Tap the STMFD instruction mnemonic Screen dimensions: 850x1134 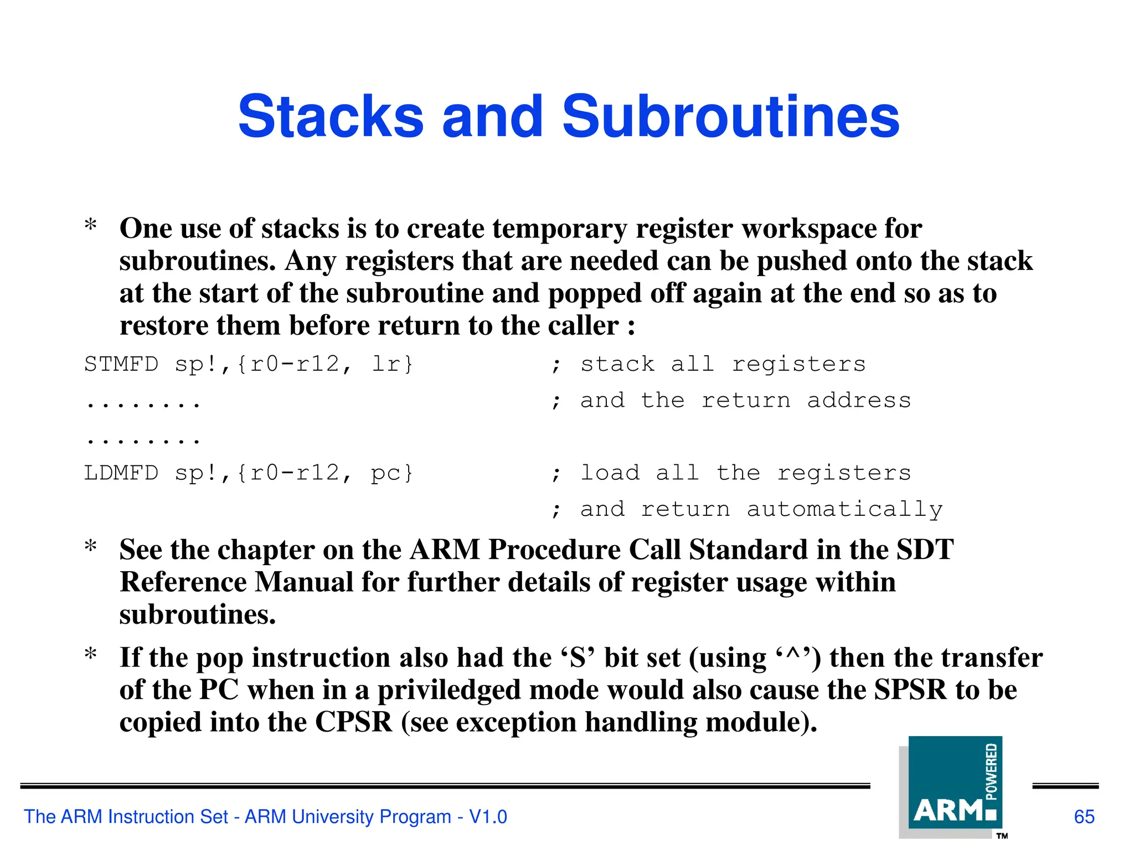tap(121, 364)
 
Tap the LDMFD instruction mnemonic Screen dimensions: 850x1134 tap(121, 473)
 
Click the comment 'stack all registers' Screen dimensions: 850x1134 tap(723, 364)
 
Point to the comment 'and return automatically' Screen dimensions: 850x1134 tap(761, 509)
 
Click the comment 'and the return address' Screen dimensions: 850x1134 tap(745, 400)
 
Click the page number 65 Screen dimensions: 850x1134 tap(1084, 817)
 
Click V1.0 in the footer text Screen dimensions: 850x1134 tap(488, 817)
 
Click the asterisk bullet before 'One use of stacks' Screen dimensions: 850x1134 tap(91, 226)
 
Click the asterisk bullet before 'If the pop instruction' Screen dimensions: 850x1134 tap(91, 655)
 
